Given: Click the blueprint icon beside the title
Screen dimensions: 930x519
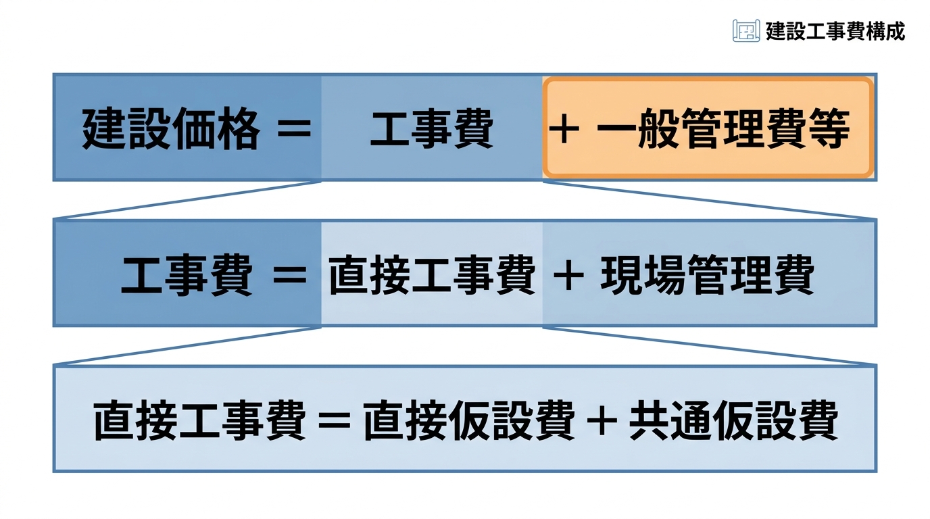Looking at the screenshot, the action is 746,30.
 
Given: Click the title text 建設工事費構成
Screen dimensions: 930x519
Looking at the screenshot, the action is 835,31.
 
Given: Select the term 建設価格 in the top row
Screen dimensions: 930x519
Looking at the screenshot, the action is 172,128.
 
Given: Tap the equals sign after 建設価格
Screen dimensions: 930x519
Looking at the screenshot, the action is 294,128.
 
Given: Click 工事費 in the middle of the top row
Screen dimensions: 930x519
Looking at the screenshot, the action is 432,128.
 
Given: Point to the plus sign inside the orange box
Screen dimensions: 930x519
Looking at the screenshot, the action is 564,128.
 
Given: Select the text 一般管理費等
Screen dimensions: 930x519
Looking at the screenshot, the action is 724,128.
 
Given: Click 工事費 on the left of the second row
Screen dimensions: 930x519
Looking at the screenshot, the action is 187,275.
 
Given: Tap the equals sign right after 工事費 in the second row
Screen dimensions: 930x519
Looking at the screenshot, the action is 290,275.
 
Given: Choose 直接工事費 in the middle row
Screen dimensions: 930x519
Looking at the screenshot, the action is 432,275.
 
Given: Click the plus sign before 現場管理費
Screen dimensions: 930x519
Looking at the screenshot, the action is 568,275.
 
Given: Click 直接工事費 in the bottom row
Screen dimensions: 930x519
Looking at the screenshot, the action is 199,420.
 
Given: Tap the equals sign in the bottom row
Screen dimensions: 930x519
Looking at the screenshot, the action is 334,420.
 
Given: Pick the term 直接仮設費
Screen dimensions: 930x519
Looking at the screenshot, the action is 470,420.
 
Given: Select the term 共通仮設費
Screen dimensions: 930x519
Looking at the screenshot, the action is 733,420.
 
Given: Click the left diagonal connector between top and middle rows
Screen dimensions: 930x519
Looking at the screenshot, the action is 187,200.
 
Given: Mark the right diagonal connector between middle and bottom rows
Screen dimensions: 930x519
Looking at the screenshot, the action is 710,346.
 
